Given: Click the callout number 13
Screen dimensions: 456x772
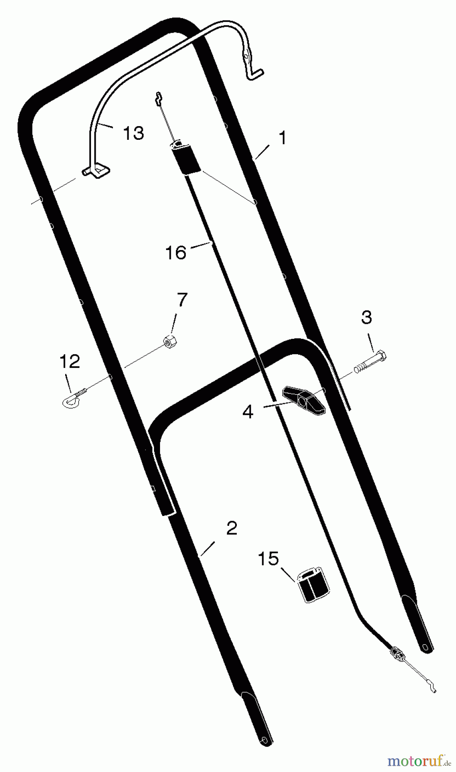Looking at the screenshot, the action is point(133,133).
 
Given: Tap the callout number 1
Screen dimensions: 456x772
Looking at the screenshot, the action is point(281,138).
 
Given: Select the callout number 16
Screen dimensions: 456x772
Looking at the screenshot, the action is point(176,253).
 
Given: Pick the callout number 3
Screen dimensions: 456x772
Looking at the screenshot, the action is point(367,318).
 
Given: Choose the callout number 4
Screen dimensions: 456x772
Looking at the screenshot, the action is point(248,412).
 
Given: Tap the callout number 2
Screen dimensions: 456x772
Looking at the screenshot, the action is point(231,528).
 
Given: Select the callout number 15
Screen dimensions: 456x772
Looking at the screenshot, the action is point(268,559).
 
